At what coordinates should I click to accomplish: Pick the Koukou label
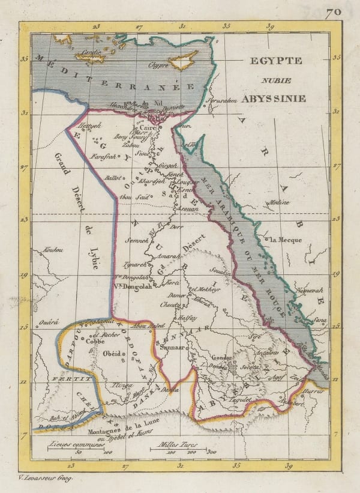[x=53, y=249]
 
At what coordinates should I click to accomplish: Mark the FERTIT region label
[x=64, y=380]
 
